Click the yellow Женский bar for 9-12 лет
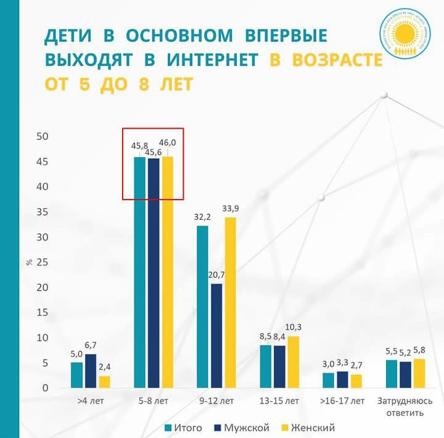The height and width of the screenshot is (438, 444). click(x=230, y=302)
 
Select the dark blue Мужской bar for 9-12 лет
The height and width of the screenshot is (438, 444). click(x=216, y=336)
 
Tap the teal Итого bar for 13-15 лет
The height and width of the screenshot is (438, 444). click(x=265, y=367)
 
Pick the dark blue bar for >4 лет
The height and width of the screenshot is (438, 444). click(x=91, y=371)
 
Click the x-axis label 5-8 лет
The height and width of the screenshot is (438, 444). click(x=154, y=401)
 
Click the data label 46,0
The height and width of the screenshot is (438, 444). click(x=168, y=142)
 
